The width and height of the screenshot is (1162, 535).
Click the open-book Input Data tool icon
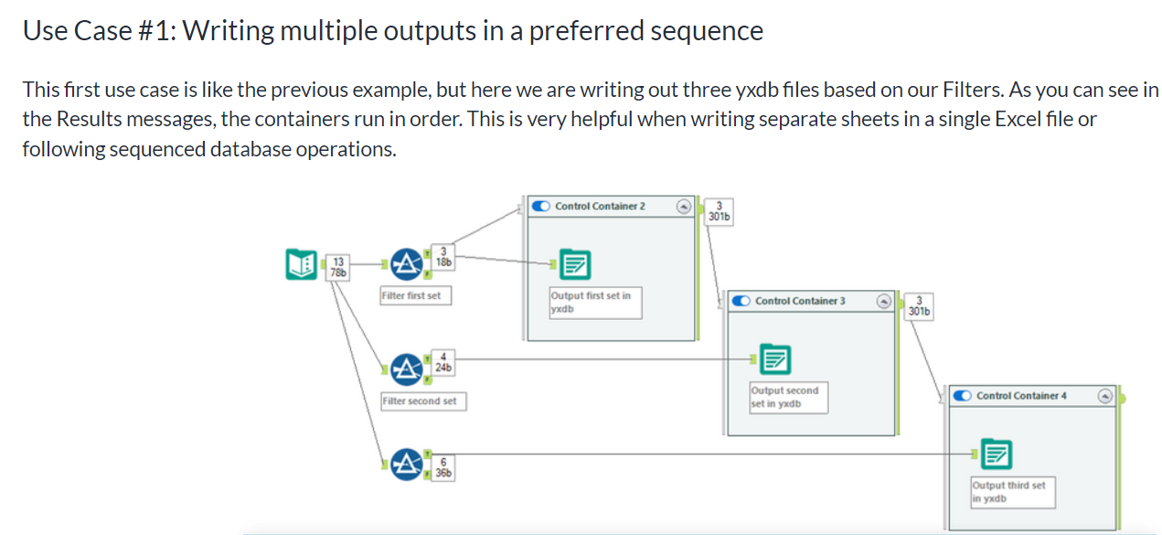click(x=301, y=264)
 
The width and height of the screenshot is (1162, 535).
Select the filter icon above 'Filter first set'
click(x=406, y=264)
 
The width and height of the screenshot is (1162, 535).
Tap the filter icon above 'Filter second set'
click(x=406, y=369)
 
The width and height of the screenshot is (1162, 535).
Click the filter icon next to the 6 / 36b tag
click(x=406, y=465)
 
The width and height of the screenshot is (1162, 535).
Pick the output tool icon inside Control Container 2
click(x=575, y=264)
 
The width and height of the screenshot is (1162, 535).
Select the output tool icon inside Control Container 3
click(x=775, y=359)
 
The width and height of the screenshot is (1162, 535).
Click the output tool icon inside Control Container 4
click(x=996, y=454)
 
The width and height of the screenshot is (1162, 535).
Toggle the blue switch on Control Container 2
click(x=540, y=206)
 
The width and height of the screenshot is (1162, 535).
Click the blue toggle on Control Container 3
click(x=741, y=301)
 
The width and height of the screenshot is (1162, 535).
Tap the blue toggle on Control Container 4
click(x=963, y=395)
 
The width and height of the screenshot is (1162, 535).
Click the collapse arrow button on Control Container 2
click(x=683, y=207)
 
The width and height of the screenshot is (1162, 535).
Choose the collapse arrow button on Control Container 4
click(x=1105, y=396)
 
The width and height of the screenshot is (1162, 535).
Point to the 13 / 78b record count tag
click(x=337, y=267)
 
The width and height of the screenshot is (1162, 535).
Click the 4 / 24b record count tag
click(x=443, y=362)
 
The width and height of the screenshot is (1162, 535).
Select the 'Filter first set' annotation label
click(x=415, y=295)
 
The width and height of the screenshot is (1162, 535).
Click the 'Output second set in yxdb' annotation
click(x=788, y=398)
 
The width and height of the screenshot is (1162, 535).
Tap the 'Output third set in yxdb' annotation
click(x=1013, y=492)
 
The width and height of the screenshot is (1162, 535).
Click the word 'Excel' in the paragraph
click(x=1018, y=120)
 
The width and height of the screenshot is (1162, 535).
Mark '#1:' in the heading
click(x=157, y=30)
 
